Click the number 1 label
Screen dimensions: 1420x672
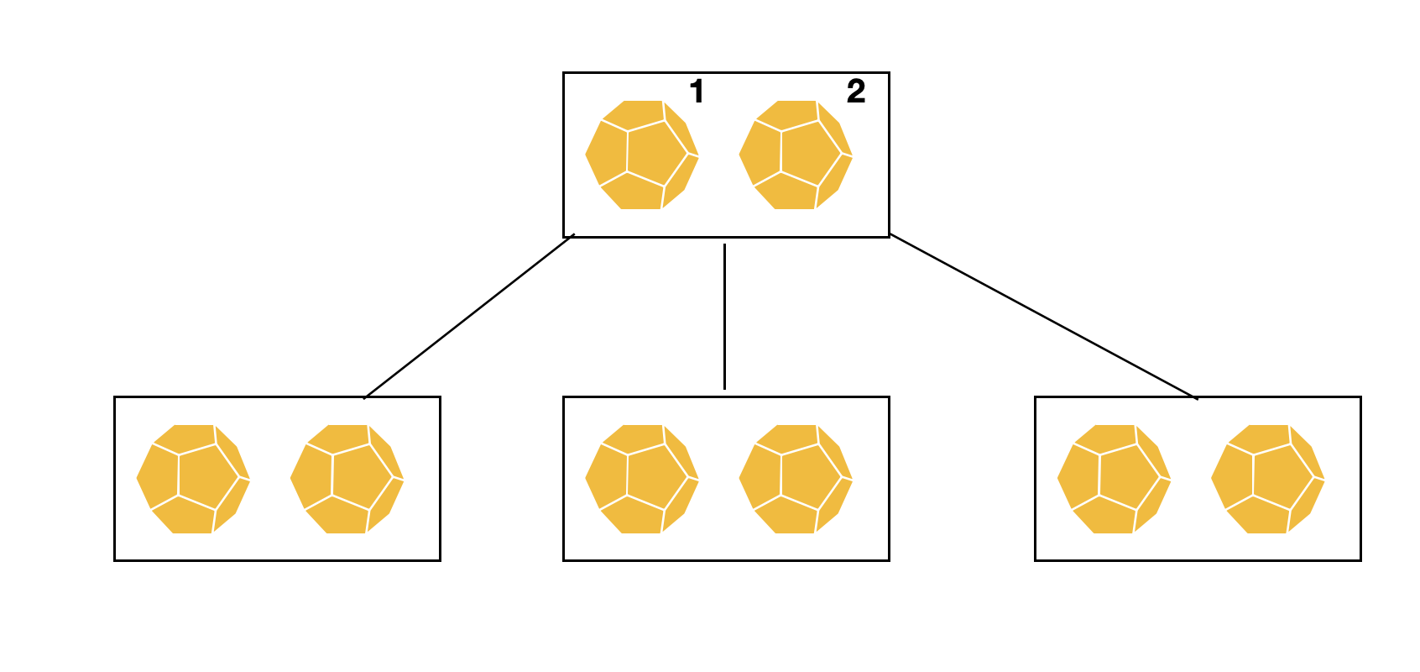tap(696, 92)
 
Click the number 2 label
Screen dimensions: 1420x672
tap(855, 92)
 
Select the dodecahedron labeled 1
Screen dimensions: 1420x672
tap(642, 155)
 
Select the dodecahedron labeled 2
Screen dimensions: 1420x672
tap(796, 155)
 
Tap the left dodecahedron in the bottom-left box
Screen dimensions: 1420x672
tap(193, 479)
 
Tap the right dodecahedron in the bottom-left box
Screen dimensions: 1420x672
tap(347, 479)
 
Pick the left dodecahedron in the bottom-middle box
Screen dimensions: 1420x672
tap(642, 479)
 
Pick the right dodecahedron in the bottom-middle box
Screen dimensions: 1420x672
tap(796, 479)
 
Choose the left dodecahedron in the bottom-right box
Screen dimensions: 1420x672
tap(1114, 479)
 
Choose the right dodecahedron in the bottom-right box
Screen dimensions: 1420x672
tap(1268, 479)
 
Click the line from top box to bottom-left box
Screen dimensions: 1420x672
tap(468, 317)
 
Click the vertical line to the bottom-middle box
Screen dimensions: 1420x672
tap(724, 317)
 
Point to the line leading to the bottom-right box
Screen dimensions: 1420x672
tap(1043, 316)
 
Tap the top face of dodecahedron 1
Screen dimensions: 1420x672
tap(640, 114)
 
